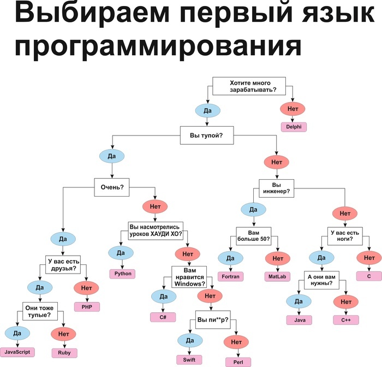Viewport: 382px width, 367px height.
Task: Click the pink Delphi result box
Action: tap(294, 127)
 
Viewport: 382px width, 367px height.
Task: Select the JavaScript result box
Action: tap(17, 352)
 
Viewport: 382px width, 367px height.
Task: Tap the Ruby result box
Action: tap(64, 353)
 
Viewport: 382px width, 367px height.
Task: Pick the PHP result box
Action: tap(87, 307)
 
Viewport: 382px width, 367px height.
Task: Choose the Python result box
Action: tap(122, 274)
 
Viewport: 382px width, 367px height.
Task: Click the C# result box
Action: tap(163, 317)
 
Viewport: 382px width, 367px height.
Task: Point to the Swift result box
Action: tap(189, 360)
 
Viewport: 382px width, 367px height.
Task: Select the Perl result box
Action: tap(238, 362)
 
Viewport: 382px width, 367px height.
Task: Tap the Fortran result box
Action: tap(230, 276)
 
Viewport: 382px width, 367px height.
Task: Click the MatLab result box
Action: tap(277, 276)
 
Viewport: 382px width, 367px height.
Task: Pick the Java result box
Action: tap(300, 320)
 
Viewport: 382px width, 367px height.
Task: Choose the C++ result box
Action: tap(346, 320)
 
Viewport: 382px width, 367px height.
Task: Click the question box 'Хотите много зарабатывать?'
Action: tap(249, 86)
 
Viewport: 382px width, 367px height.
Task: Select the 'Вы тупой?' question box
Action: tap(207, 135)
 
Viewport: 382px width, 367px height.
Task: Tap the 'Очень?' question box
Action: tap(112, 187)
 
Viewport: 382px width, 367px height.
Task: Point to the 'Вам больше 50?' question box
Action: tap(254, 236)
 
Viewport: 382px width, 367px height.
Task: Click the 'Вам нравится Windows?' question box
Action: tap(189, 277)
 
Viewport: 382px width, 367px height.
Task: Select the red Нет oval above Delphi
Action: tap(293, 109)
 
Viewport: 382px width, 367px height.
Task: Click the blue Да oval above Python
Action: tap(121, 253)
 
